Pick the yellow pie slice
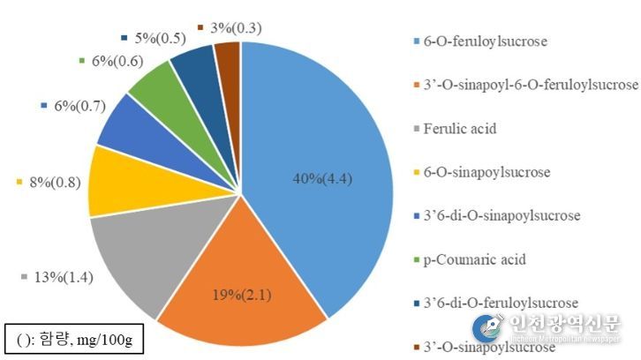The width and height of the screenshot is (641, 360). pyautogui.click(x=119, y=181)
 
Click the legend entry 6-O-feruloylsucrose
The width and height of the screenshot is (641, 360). pyautogui.click(x=493, y=42)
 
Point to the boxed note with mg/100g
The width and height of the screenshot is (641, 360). pyautogui.click(x=72, y=340)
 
